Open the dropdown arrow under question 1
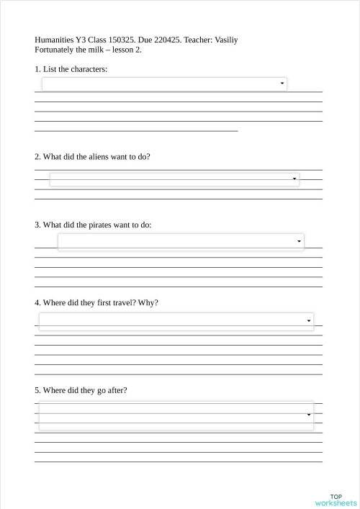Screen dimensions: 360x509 [282, 84]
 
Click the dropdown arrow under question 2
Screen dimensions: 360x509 [294, 179]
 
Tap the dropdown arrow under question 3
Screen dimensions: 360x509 [299, 241]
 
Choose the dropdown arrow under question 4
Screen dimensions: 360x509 [309, 320]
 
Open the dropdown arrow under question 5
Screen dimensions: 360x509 [309, 415]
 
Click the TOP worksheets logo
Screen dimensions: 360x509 [336, 500]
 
